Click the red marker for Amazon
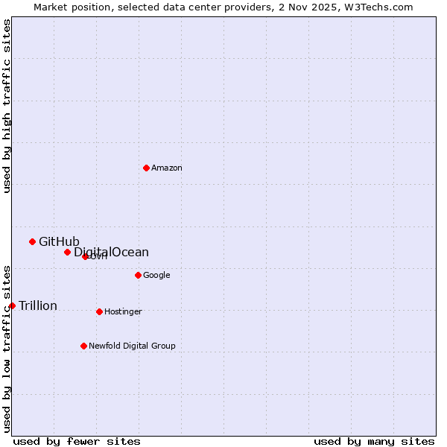click(x=146, y=168)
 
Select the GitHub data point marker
click(x=32, y=241)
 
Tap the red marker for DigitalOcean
click(x=67, y=252)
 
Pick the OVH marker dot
click(x=85, y=256)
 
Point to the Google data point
click(x=138, y=275)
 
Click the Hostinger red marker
click(x=99, y=311)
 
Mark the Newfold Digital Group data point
click(x=83, y=346)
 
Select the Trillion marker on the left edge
click(x=12, y=305)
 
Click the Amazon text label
click(x=167, y=168)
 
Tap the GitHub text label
click(x=59, y=241)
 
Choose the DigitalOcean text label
click(x=112, y=253)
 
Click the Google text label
click(x=156, y=276)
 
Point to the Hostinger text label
click(x=123, y=312)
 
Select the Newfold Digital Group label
click(x=132, y=346)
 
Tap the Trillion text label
click(x=38, y=306)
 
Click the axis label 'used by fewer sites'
click(x=77, y=441)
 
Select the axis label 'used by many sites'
click(x=374, y=441)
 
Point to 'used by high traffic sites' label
click(x=7, y=105)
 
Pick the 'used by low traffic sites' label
click(x=7, y=349)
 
